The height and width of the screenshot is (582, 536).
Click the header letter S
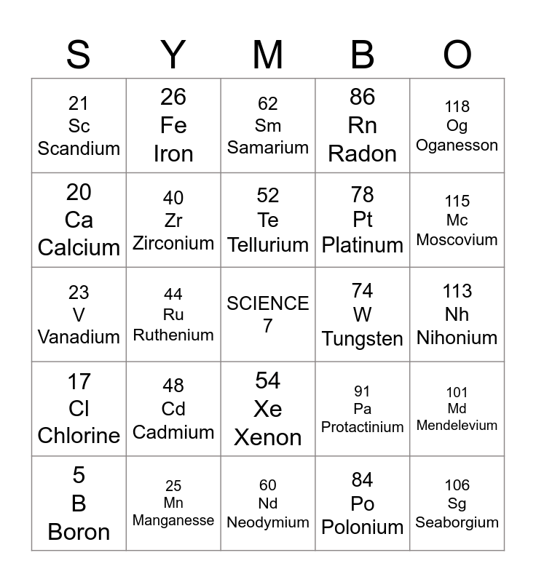pos(78,55)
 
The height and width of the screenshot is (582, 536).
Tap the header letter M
pos(267,55)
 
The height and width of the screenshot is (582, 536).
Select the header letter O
pos(457,55)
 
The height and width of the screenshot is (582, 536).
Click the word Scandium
pos(79,148)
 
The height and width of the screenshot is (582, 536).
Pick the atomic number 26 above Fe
pos(173,97)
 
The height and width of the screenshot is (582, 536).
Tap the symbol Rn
pos(363,125)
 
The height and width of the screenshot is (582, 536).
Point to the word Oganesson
pos(457,145)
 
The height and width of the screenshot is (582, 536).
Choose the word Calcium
pos(79,247)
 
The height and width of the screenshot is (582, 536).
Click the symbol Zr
pos(173,220)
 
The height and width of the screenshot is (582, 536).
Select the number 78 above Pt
pos(363,195)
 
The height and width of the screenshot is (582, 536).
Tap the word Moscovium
pos(457,239)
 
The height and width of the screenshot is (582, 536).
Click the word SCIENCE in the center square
pos(268,303)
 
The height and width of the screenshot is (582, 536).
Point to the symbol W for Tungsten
pos(363,315)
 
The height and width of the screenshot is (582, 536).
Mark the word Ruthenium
pos(173,335)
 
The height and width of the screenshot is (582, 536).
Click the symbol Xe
pos(268,409)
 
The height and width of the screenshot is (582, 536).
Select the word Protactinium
pos(363,427)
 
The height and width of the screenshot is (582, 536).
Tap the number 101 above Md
pos(457,393)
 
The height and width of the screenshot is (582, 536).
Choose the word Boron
pos(79,532)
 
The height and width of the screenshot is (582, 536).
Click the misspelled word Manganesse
pos(173,520)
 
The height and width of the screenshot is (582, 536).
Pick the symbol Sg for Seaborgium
pos(457,503)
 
